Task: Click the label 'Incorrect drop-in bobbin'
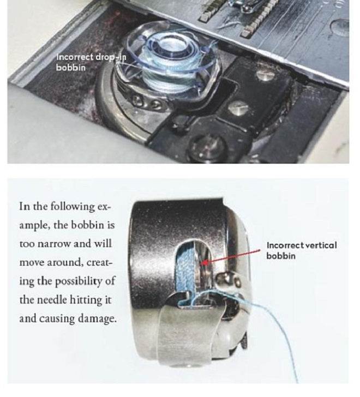[x=91, y=62]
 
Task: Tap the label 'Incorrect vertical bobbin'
[x=302, y=250]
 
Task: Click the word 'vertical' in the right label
[x=321, y=245]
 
